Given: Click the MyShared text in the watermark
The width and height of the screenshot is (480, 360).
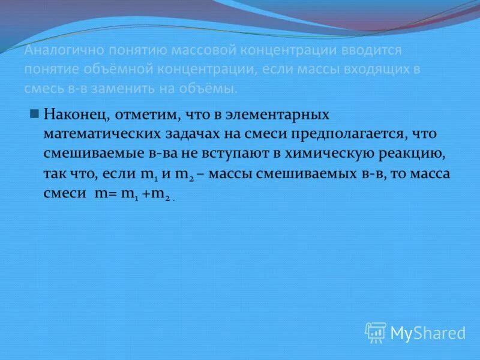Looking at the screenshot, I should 428,333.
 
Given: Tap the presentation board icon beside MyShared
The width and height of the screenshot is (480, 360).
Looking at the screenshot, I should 376,332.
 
